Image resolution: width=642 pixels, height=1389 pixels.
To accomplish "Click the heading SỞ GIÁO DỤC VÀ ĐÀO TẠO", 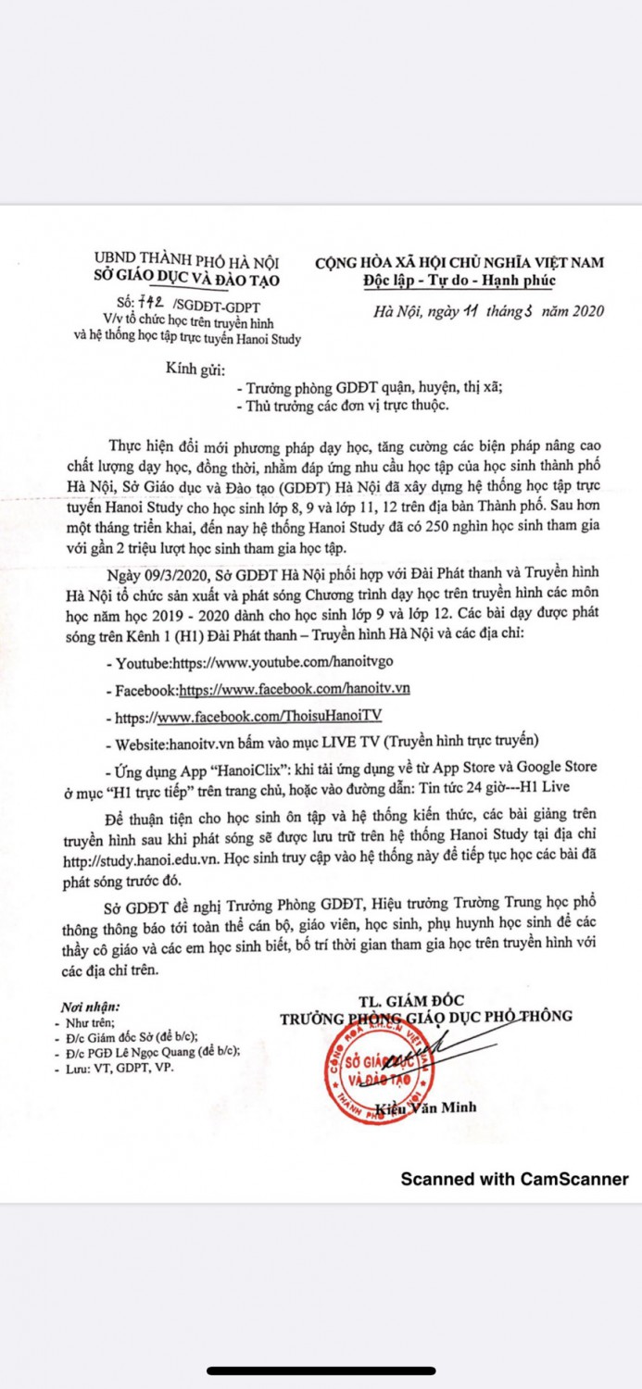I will tap(187, 280).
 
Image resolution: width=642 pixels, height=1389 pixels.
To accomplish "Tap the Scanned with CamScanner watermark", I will tap(514, 1179).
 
